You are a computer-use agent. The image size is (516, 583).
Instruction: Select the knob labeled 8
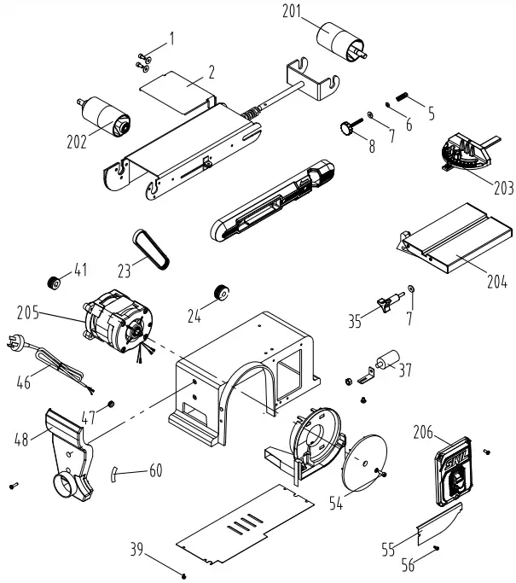346,128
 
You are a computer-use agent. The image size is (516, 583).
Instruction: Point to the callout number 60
154,471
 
